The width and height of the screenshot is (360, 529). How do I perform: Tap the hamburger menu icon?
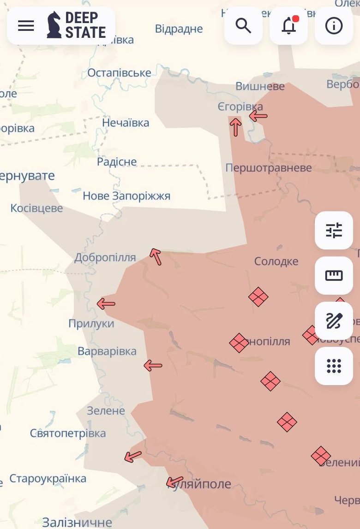tap(26, 26)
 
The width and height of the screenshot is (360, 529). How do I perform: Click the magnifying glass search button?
tap(243, 26)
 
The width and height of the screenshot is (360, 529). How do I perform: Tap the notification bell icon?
tap(289, 26)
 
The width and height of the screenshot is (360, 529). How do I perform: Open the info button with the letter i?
tap(334, 26)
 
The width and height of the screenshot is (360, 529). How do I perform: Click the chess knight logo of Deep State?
tap(54, 25)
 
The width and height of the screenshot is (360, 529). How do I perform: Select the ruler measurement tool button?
tap(334, 276)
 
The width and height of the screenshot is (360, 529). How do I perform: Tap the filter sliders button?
tap(334, 231)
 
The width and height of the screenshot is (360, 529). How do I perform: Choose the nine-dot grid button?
tap(334, 366)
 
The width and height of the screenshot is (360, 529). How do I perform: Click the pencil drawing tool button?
tap(334, 321)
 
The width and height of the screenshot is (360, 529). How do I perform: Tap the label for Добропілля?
tap(105, 257)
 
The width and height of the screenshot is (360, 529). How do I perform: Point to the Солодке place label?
tap(276, 262)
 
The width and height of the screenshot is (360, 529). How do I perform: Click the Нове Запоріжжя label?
tap(126, 196)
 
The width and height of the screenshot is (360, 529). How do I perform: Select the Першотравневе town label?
tap(268, 168)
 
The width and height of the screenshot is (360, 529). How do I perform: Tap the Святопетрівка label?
tap(68, 433)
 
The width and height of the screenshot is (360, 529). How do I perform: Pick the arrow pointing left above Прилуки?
tap(106, 303)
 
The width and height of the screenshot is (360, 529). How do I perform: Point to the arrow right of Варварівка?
tap(153, 366)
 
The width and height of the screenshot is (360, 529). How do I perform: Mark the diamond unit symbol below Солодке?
tap(258, 297)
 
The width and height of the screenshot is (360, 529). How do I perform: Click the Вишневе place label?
tap(260, 86)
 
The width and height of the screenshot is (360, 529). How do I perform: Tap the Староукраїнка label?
tap(48, 478)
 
